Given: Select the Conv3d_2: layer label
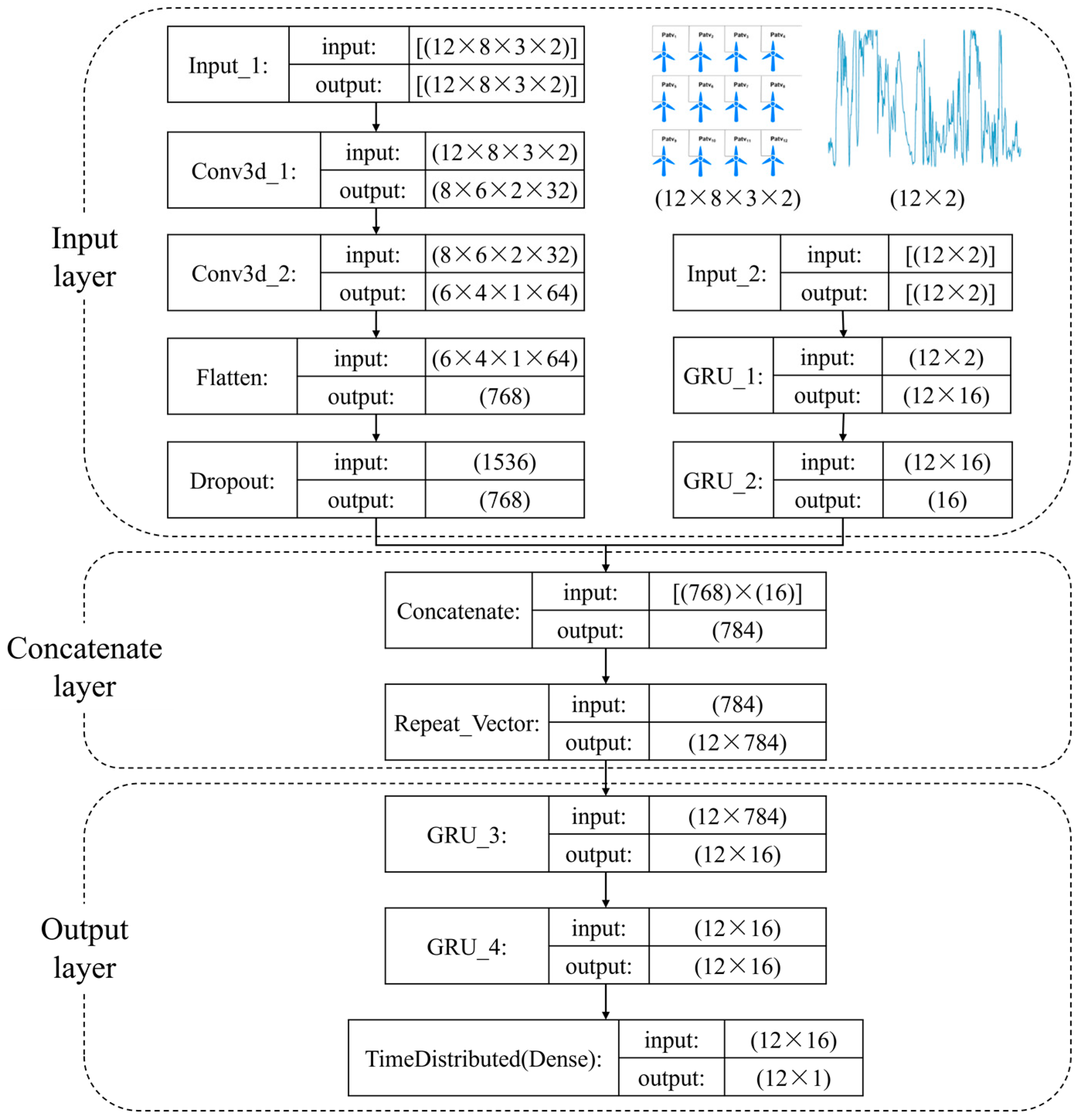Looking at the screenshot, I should pyautogui.click(x=244, y=273).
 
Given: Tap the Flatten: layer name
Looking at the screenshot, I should pyautogui.click(x=232, y=377).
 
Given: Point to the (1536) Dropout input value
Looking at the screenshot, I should pyautogui.click(x=504, y=462).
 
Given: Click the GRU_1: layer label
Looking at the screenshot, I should pyautogui.click(x=723, y=376).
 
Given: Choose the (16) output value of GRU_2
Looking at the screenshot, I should pyautogui.click(x=947, y=500).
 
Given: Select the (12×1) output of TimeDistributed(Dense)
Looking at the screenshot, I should pyautogui.click(x=793, y=1078).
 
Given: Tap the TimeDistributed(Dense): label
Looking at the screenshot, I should pyautogui.click(x=483, y=1059).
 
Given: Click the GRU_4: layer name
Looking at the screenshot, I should pyautogui.click(x=466, y=947).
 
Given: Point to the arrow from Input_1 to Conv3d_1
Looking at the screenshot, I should pyautogui.click(x=376, y=117).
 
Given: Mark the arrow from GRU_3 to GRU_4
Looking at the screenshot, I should pyautogui.click(x=606, y=890).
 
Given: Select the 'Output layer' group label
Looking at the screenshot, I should pyautogui.click(x=85, y=948).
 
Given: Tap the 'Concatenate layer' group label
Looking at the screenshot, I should pyautogui.click(x=85, y=667).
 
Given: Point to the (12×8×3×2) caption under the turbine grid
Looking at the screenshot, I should pyautogui.click(x=727, y=198).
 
